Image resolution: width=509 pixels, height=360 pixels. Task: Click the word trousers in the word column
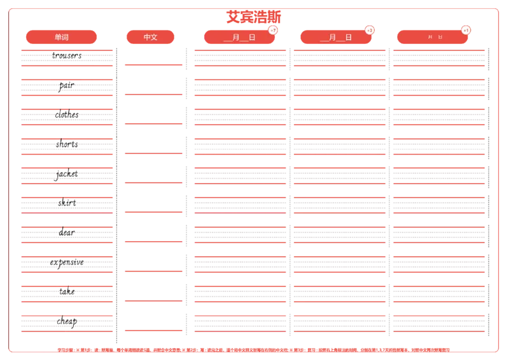click(x=66, y=56)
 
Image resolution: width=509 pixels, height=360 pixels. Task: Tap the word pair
click(x=66, y=85)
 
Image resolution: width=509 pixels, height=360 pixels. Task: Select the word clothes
click(x=67, y=114)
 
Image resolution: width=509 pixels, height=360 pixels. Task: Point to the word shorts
click(x=67, y=144)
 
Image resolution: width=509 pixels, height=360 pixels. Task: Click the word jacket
click(x=67, y=173)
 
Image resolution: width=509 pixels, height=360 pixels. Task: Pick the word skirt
click(x=67, y=202)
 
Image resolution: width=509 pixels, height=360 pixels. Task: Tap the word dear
click(x=67, y=232)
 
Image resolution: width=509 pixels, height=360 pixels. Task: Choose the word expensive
click(x=67, y=262)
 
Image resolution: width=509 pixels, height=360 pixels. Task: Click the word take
click(x=67, y=291)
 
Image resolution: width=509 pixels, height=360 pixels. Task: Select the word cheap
click(x=67, y=321)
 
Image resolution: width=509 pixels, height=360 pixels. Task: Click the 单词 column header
click(x=62, y=37)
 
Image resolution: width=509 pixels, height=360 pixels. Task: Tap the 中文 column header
click(x=151, y=37)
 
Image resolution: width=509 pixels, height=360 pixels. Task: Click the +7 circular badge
click(x=273, y=30)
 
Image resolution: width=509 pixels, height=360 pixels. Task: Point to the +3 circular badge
click(x=370, y=30)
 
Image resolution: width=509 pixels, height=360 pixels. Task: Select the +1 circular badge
click(x=466, y=30)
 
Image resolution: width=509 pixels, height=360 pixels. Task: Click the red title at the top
click(x=253, y=15)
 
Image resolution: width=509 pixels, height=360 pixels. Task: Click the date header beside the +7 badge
click(x=239, y=37)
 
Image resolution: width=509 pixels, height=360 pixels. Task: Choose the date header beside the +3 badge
click(x=336, y=37)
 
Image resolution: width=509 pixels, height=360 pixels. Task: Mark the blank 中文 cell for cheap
click(x=153, y=319)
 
